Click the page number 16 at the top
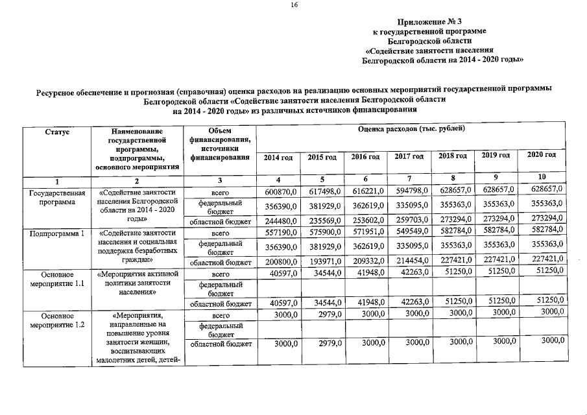294,5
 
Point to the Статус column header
57,131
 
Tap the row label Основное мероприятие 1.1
57,279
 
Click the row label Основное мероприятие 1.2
57,320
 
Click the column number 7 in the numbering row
409,178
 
